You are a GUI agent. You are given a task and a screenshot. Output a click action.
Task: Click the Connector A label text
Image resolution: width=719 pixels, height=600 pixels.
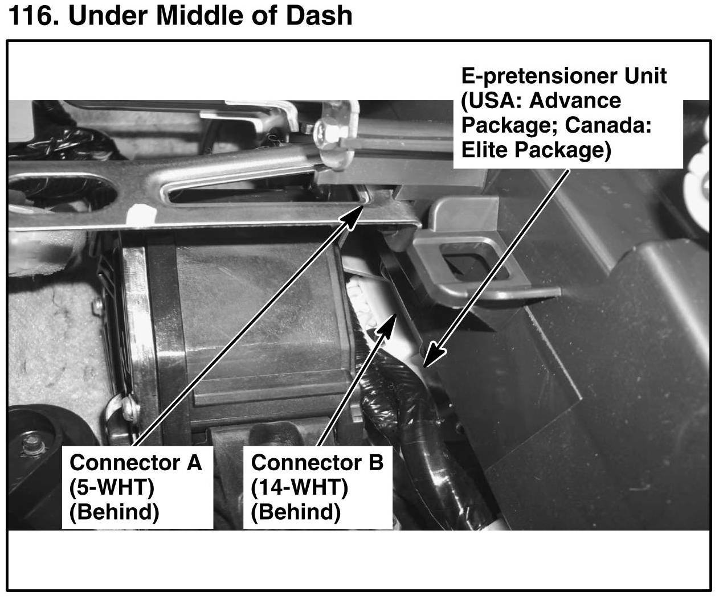[x=136, y=462]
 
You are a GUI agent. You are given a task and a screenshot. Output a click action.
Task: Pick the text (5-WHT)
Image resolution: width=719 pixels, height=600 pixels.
[x=112, y=487]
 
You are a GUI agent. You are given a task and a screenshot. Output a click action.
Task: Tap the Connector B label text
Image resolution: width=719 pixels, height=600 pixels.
[x=317, y=462]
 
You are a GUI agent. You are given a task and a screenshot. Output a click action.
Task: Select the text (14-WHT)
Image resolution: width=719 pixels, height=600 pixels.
[x=299, y=487]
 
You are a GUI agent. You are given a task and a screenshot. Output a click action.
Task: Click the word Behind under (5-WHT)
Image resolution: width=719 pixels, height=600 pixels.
[x=114, y=512]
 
